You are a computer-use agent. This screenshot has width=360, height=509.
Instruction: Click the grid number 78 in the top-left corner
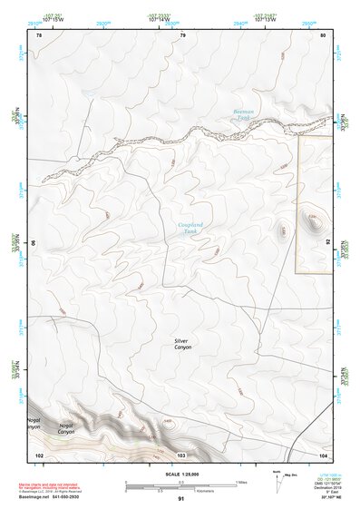39,35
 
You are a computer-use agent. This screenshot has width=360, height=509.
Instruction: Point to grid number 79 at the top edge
182,35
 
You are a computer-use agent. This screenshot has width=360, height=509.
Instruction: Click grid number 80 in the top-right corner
324,35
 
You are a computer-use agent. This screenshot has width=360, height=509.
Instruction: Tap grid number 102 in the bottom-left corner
39,453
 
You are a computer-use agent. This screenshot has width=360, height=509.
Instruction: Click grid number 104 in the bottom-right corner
323,453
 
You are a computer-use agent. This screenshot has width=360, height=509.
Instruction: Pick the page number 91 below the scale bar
181,498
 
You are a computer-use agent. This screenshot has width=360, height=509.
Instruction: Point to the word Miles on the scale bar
240,481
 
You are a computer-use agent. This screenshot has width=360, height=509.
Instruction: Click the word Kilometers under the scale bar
180,490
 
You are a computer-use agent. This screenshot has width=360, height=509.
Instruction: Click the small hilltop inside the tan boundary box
314,220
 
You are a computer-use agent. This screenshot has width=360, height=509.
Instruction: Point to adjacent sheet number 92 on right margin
329,242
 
